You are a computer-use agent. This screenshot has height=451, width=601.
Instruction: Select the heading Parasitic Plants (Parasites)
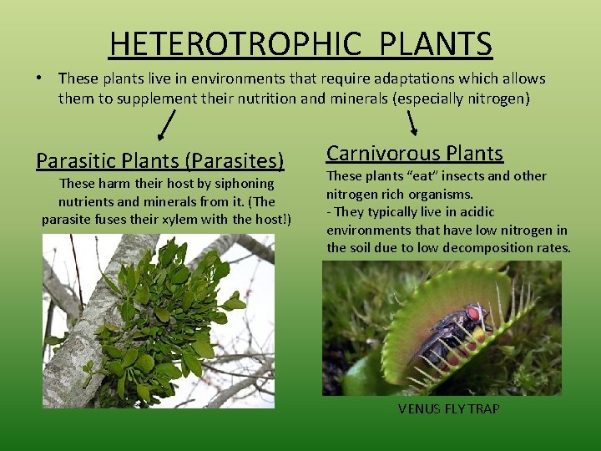(x=160, y=160)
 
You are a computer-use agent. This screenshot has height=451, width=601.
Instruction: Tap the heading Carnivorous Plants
(x=415, y=153)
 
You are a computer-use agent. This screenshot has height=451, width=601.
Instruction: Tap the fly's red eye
(x=474, y=314)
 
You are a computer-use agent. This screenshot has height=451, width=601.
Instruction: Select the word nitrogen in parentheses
(x=497, y=98)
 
